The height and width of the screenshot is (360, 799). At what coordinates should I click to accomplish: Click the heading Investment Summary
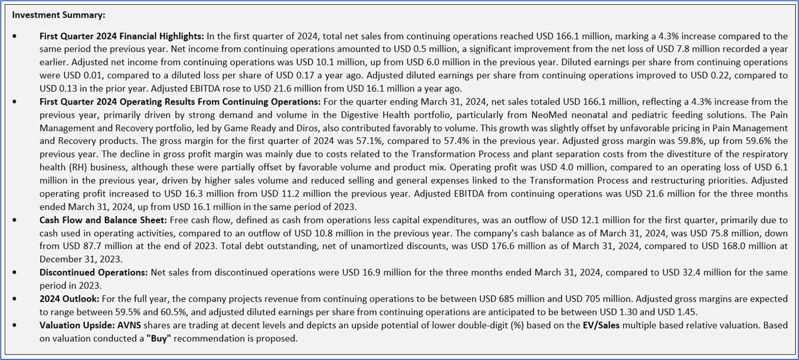click(58, 15)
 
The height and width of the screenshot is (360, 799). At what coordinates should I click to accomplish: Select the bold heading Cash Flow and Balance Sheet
click(103, 220)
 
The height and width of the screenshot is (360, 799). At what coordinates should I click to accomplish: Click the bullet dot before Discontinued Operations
click(15, 272)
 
